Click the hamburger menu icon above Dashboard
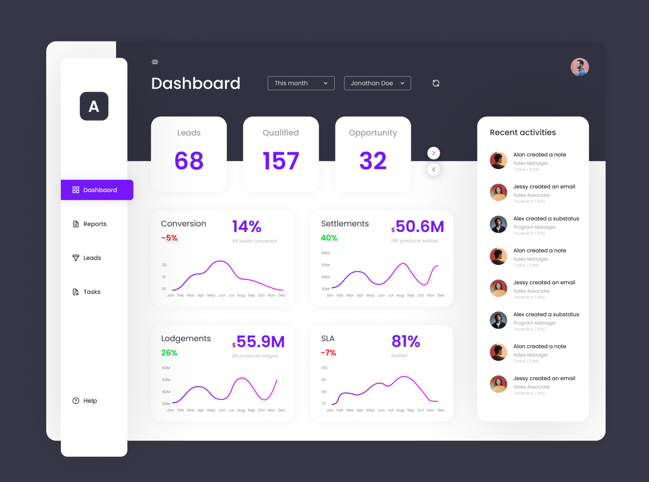[155, 62]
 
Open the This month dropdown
[301, 83]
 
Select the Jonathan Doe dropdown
[377, 83]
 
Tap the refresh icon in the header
[436, 83]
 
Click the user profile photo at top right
[580, 67]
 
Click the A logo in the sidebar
[94, 106]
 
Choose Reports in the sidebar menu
[95, 224]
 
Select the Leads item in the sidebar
[92, 258]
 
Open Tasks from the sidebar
[92, 292]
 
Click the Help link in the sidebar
[90, 401]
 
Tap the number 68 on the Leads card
[189, 161]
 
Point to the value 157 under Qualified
[281, 161]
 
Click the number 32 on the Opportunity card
[373, 161]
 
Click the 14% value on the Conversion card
[247, 227]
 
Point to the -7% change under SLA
[329, 353]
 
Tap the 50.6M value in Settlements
[419, 227]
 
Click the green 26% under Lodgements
[169, 353]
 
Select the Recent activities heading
[523, 132]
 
